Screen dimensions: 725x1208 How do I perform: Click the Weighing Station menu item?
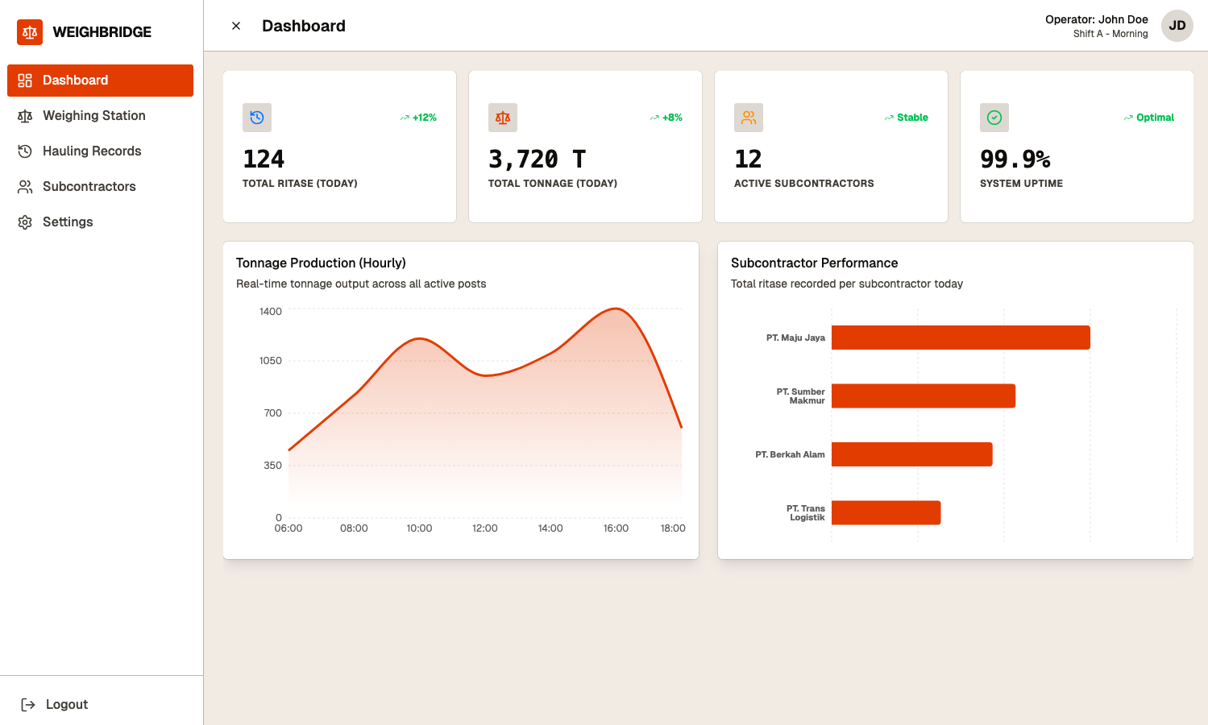(x=93, y=116)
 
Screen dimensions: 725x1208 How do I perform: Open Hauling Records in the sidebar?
(x=91, y=151)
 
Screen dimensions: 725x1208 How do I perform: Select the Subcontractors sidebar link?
(x=89, y=187)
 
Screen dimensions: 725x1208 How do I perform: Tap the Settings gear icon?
(x=25, y=222)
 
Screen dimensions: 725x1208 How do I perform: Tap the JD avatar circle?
(x=1177, y=26)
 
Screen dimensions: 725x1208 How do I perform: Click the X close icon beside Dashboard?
(x=236, y=26)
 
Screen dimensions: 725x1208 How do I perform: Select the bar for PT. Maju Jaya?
(x=960, y=338)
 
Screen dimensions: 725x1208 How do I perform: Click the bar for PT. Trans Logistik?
(x=886, y=513)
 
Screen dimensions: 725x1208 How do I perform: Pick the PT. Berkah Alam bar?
(x=911, y=454)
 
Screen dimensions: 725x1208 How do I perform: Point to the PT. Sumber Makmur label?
(x=800, y=396)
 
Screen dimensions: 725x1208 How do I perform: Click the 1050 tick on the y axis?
(x=270, y=361)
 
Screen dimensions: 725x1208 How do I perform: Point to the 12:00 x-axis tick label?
(x=484, y=528)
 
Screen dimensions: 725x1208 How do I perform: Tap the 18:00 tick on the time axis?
(x=673, y=528)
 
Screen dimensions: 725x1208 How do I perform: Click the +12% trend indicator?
(x=419, y=118)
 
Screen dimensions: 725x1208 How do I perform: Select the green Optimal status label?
(x=1154, y=118)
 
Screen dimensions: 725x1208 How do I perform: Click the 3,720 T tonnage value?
(x=537, y=159)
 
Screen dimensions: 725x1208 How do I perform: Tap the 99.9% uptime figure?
(x=1015, y=159)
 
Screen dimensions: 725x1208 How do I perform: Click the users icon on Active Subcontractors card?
(x=749, y=118)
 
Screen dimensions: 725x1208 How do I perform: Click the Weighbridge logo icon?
(x=30, y=32)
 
